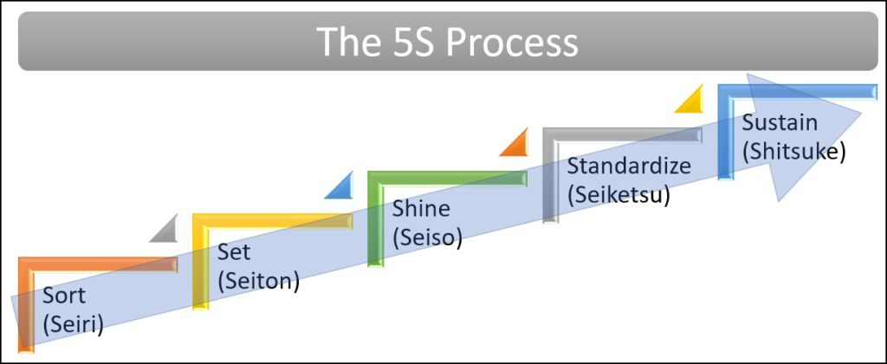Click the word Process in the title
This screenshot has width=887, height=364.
[512, 42]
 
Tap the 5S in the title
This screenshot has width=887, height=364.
[410, 42]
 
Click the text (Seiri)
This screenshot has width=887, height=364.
[74, 325]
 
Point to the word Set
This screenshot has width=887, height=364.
[234, 253]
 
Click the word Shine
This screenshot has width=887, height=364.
[421, 209]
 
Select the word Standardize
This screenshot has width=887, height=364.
[629, 166]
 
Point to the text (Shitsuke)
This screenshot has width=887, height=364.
[793, 150]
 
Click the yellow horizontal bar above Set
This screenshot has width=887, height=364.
[272, 220]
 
